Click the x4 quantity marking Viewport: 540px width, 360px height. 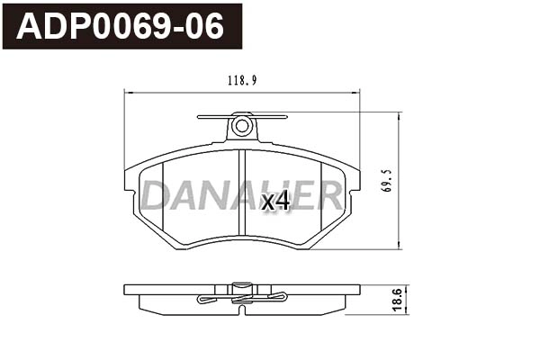click(x=274, y=201)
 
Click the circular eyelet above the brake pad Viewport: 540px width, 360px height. click(x=241, y=126)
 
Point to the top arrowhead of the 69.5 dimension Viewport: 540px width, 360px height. click(x=398, y=115)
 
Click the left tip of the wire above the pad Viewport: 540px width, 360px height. click(x=199, y=116)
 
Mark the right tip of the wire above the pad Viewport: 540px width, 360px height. click(x=285, y=116)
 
